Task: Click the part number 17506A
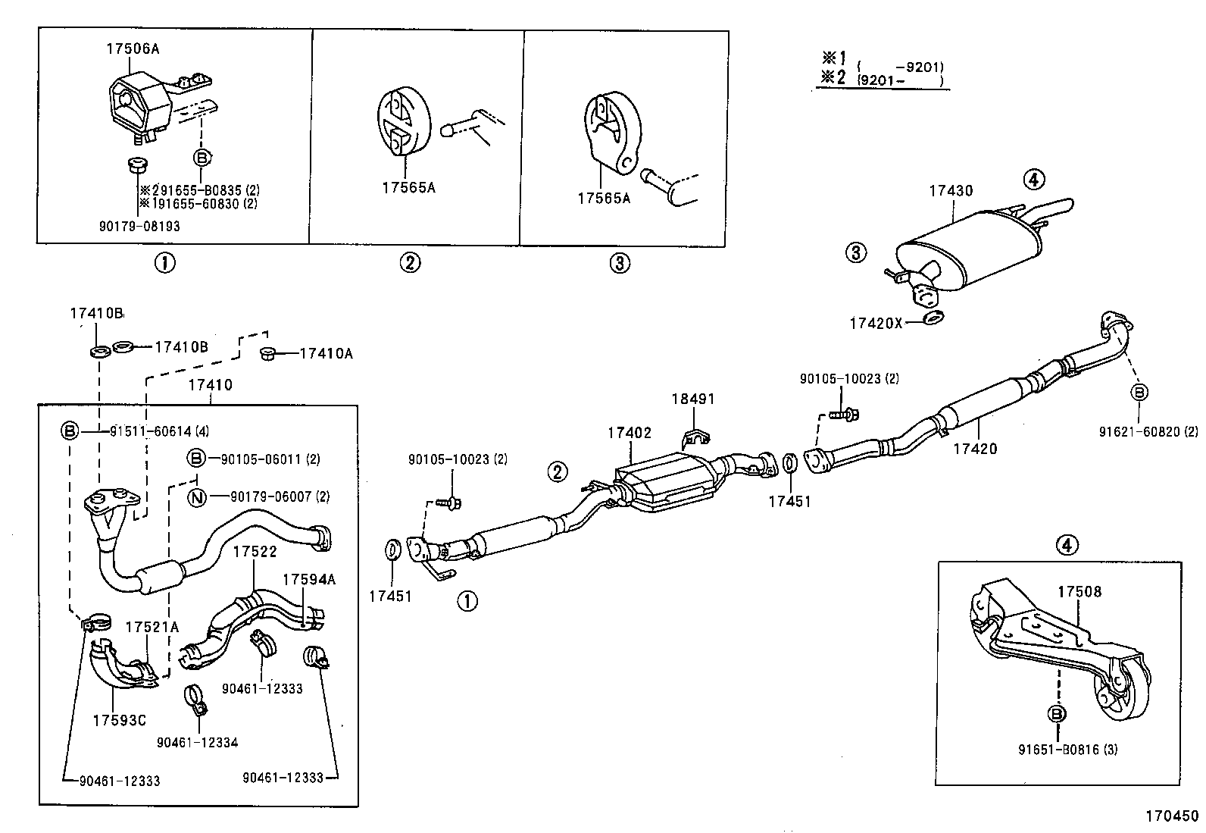(x=132, y=49)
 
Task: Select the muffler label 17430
(x=951, y=192)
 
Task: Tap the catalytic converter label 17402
(x=628, y=433)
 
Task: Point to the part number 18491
(x=692, y=399)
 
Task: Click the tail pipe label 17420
(x=975, y=449)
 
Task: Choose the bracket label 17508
(x=1079, y=592)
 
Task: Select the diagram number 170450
(x=1171, y=816)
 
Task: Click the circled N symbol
(x=197, y=496)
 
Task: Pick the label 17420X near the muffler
(x=876, y=323)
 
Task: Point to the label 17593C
(x=119, y=720)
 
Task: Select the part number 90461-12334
(x=197, y=742)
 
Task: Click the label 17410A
(x=326, y=353)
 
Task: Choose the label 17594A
(x=308, y=579)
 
